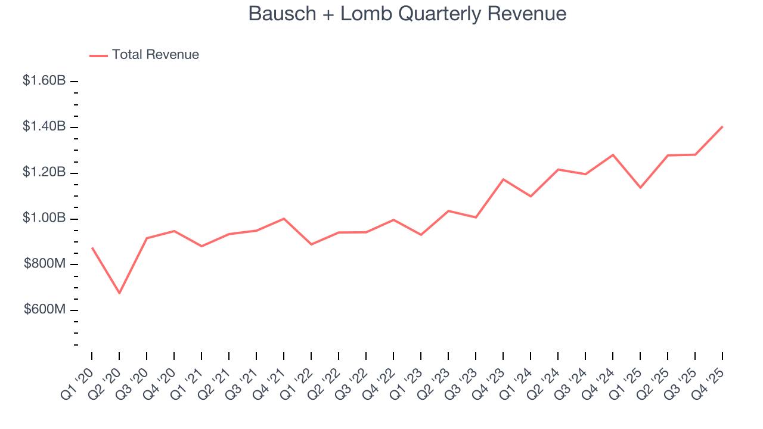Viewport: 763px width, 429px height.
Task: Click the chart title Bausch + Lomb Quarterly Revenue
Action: [x=407, y=14]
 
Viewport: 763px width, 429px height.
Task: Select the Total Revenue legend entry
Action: [x=155, y=55]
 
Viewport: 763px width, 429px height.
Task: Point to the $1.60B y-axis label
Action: [x=44, y=80]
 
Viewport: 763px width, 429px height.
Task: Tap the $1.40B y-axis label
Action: [x=44, y=126]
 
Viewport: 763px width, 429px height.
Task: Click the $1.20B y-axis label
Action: [x=44, y=172]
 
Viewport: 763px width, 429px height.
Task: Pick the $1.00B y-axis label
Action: [x=44, y=218]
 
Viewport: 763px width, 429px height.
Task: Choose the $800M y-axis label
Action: [x=45, y=264]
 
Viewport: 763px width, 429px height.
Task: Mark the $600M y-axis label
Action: [x=45, y=310]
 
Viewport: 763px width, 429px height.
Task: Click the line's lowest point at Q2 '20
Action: [x=119, y=293]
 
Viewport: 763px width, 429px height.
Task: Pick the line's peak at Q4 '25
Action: [x=722, y=126]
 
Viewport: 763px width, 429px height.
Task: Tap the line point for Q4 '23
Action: [x=503, y=179]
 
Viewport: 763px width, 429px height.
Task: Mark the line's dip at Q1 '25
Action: [x=640, y=188]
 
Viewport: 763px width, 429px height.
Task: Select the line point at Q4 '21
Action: [x=284, y=219]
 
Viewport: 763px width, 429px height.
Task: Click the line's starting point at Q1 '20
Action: [x=92, y=247]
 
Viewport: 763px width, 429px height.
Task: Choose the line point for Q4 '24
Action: [x=613, y=155]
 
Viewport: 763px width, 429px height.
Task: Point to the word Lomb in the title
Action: [x=364, y=14]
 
